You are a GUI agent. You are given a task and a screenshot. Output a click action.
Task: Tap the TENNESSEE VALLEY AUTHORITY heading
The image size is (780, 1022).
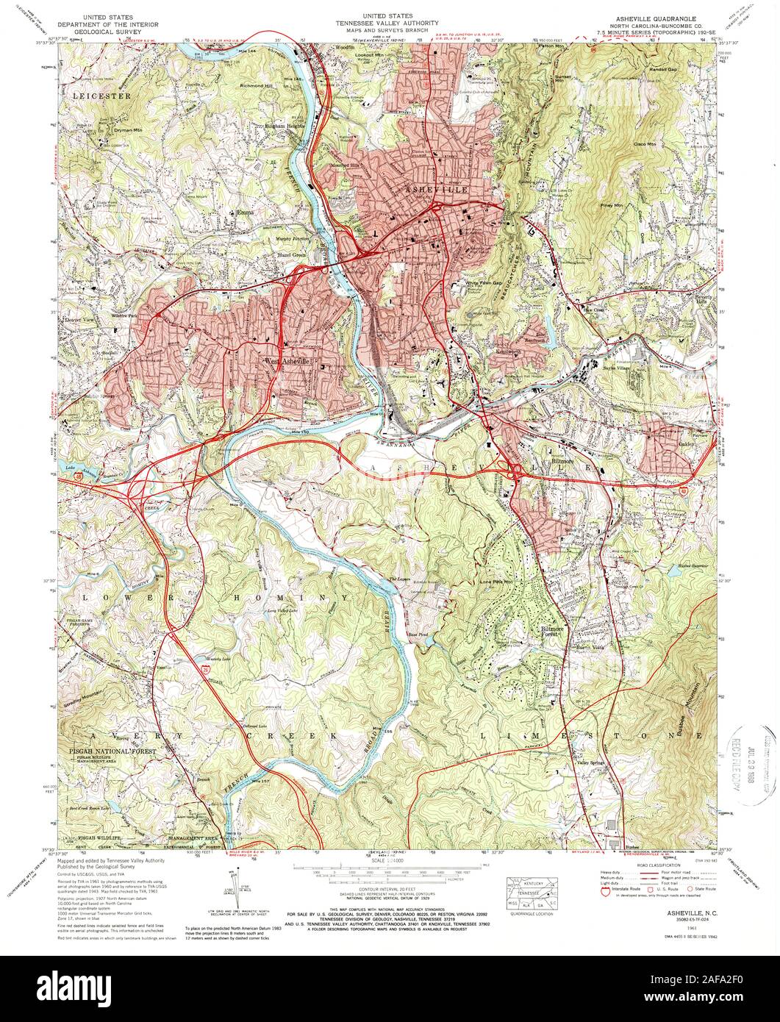coord(390,23)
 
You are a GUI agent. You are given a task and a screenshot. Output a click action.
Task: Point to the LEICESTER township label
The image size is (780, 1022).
coord(101,96)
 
